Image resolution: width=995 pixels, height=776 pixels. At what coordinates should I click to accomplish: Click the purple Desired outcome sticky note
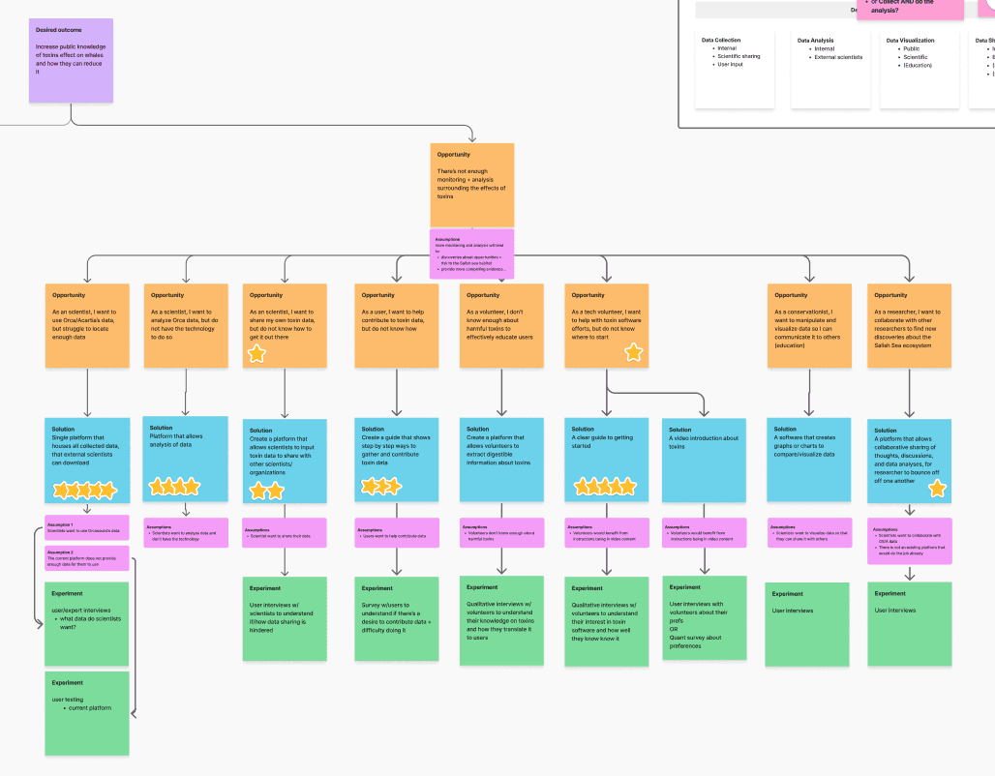[x=71, y=60]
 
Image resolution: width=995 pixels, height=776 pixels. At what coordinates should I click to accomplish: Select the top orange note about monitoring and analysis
[x=471, y=185]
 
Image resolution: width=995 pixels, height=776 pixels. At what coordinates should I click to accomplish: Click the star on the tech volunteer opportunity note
[x=633, y=352]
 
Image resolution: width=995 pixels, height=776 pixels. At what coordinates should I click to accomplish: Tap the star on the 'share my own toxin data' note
[x=256, y=354]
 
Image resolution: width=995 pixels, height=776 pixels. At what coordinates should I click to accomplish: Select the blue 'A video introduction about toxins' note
[x=703, y=460]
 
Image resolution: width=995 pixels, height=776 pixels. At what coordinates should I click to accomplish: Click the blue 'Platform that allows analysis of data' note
[x=185, y=459]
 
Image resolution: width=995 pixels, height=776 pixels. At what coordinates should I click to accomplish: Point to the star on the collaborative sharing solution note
[x=937, y=489]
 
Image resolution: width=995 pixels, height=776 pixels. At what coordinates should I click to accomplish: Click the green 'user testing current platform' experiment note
[x=87, y=712]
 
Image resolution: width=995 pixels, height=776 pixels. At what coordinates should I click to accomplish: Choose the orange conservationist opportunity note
[x=809, y=325]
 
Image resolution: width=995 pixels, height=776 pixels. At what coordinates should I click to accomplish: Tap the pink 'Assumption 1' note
[x=87, y=528]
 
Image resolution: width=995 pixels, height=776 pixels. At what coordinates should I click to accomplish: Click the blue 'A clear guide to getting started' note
[x=606, y=460]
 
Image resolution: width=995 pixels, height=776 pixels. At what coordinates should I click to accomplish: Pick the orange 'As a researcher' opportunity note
[x=909, y=325]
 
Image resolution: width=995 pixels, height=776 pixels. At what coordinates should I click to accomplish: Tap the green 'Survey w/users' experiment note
[x=396, y=619]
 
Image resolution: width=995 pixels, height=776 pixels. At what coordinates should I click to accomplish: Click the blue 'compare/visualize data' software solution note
[x=808, y=460]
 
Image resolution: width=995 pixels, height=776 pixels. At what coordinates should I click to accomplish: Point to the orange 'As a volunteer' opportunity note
[x=501, y=325]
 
